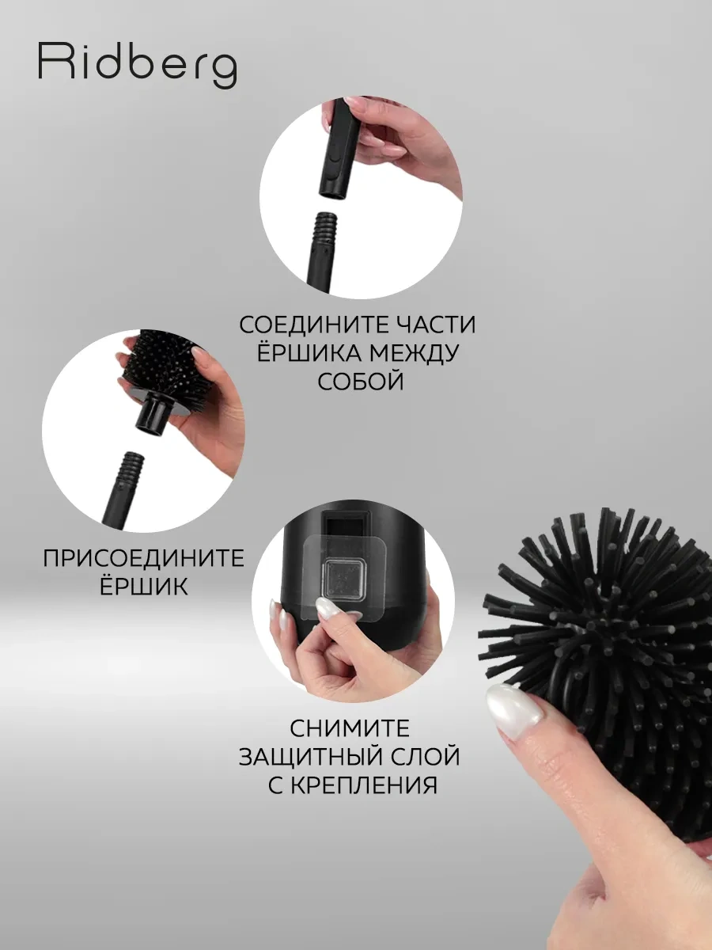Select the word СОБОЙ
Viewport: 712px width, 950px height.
click(360, 382)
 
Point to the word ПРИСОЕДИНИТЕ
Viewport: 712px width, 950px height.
click(143, 558)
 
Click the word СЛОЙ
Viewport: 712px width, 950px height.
click(426, 756)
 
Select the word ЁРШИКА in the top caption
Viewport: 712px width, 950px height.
click(296, 353)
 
